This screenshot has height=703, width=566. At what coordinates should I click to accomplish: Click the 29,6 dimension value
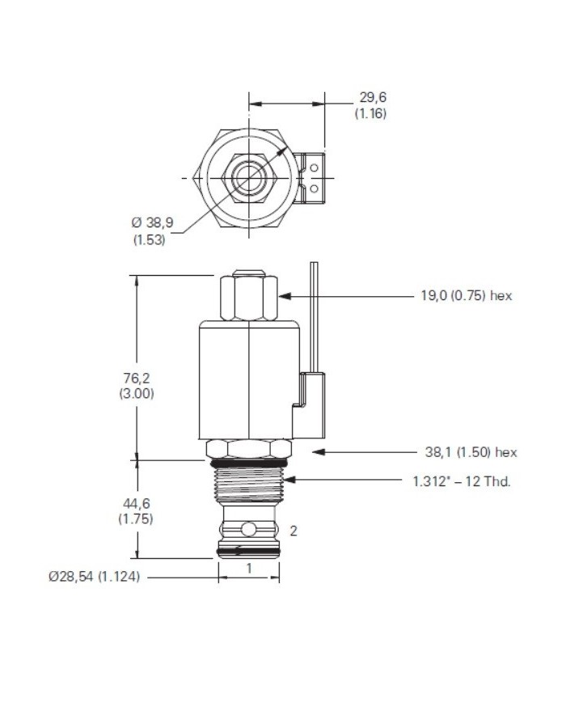372,98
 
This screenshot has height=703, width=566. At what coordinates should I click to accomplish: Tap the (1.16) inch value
371,113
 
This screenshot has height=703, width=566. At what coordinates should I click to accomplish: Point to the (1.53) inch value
149,239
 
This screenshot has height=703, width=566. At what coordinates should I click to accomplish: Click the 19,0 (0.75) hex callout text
466,296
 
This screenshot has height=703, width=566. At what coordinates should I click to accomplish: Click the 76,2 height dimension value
137,377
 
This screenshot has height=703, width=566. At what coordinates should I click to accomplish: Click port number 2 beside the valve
294,531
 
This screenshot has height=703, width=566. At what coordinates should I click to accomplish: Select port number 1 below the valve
249,568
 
